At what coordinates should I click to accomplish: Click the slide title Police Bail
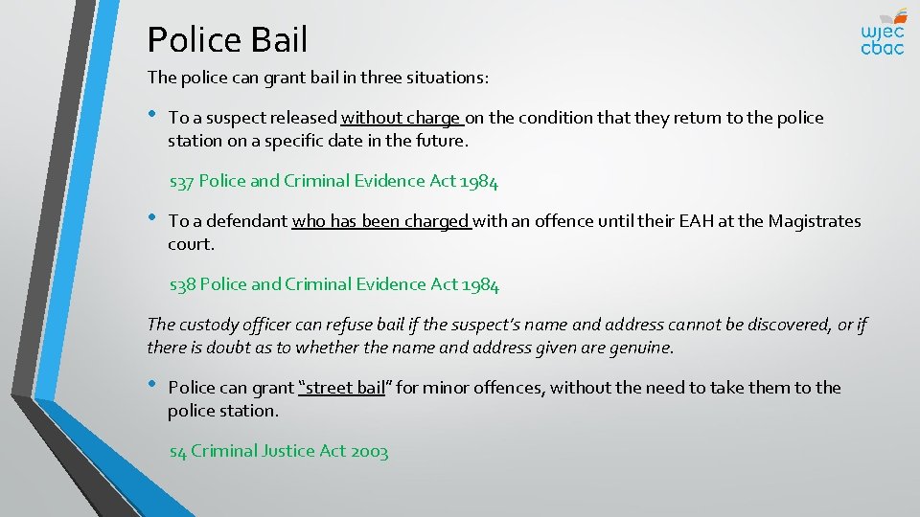coord(227,40)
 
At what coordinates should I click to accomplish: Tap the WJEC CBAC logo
coord(882,32)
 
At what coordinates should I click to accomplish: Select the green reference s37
coord(181,181)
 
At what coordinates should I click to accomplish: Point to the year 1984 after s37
coord(478,181)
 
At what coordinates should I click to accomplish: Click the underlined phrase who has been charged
coord(380,222)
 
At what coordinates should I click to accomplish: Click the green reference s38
coord(182,284)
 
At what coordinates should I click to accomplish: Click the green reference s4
coord(177,452)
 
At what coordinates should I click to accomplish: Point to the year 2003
coord(369,452)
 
